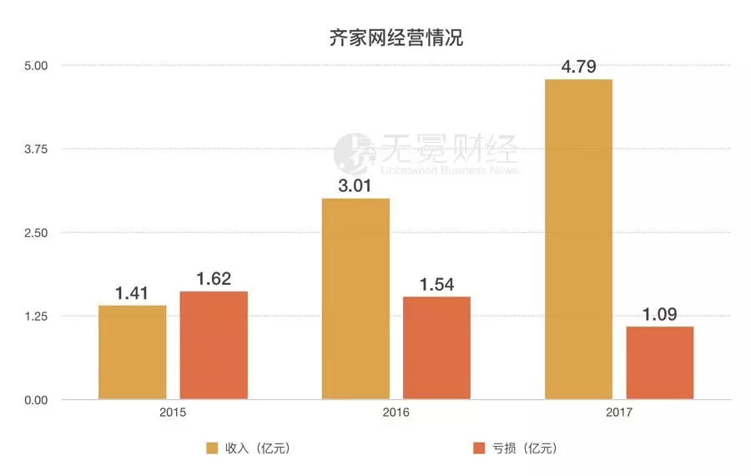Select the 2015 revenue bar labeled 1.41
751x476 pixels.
[x=133, y=352]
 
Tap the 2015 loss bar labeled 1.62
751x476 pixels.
[x=214, y=345]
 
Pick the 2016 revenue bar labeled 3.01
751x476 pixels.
[x=355, y=298]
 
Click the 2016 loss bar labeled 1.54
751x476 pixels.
[x=436, y=347]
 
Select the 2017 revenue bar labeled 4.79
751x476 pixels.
[x=578, y=239]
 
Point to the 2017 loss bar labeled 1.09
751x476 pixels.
[x=659, y=362]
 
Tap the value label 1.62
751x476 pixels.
[x=214, y=279]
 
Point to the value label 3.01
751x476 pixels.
[x=355, y=185]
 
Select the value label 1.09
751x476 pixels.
[x=659, y=315]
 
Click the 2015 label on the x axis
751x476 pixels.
[x=173, y=413]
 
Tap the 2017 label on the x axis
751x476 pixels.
[x=619, y=413]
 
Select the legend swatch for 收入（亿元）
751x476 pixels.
[x=213, y=448]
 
